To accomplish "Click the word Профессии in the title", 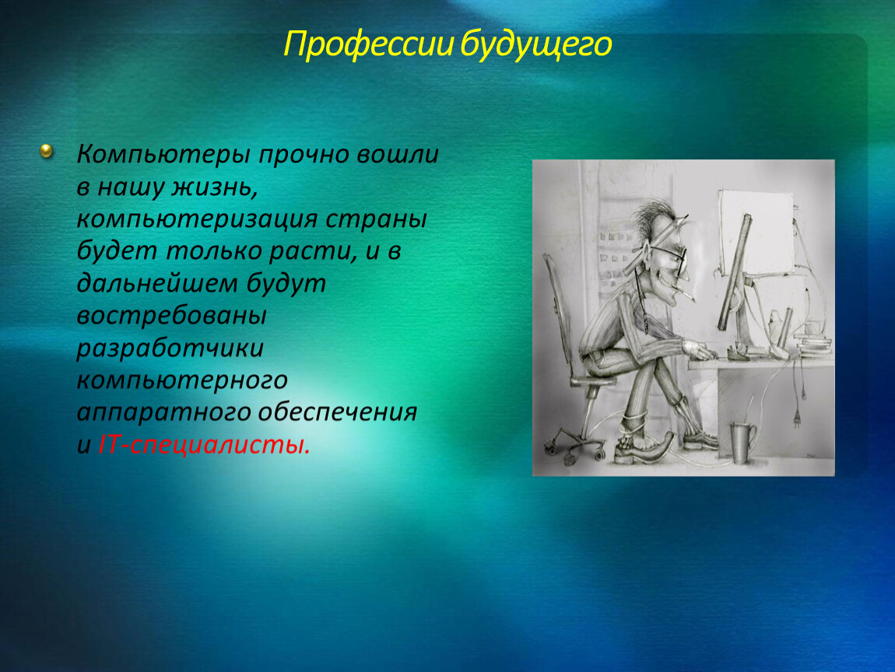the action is tap(369, 44).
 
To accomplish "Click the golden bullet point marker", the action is tap(46, 151).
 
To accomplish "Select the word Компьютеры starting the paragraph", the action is tap(163, 155).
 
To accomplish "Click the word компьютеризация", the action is tap(197, 219).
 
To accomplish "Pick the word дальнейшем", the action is tap(157, 284).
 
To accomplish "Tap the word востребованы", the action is tap(172, 316).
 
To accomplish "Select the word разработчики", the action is tap(170, 348).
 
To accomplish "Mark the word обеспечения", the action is tap(337, 412).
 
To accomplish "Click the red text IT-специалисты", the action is tap(205, 444).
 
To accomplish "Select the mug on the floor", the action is tap(742, 441).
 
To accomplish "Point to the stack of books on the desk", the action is tap(815, 347).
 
